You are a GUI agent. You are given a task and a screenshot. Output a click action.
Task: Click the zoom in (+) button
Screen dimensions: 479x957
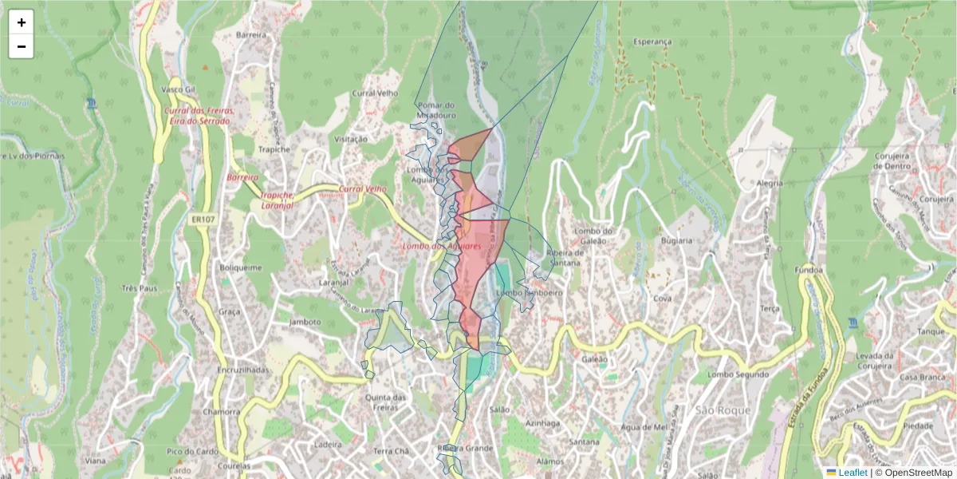pos(22,22)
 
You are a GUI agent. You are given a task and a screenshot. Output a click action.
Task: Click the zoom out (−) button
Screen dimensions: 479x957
pos(22,46)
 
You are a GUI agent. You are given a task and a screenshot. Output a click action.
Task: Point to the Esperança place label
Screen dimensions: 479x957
pos(652,42)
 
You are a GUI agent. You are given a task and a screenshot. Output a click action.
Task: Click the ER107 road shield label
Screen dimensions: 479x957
pos(200,216)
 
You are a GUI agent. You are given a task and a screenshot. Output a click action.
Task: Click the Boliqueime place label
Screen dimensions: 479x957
pos(240,268)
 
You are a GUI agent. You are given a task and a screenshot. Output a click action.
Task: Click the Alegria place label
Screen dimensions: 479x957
pos(770,183)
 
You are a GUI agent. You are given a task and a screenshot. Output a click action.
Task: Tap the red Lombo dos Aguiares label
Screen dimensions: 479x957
pos(441,247)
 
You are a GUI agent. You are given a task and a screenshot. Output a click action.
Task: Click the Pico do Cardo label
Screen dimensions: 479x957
pos(187,452)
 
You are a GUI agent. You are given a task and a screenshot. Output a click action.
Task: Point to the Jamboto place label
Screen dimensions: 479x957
pos(305,322)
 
